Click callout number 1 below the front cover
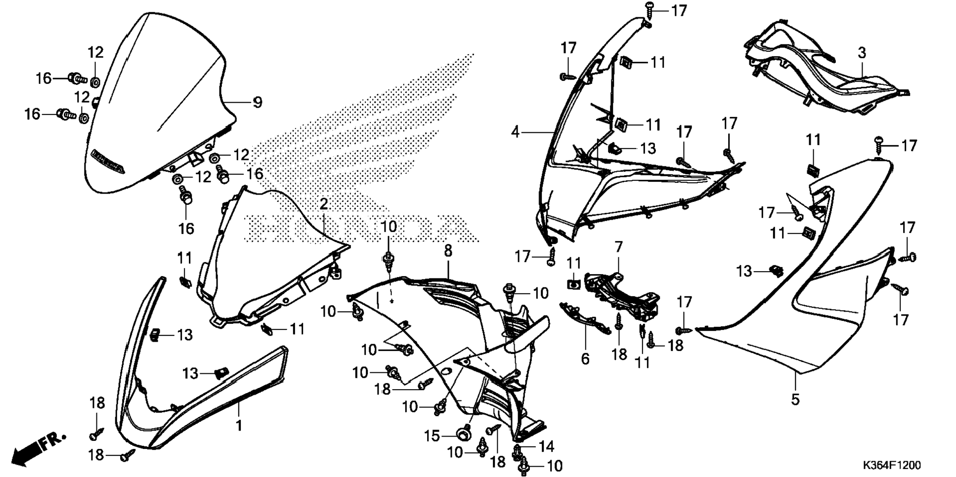point(239,425)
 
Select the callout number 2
point(324,204)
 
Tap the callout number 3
point(862,53)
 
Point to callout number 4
point(516,132)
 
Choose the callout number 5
point(795,399)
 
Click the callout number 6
point(585,358)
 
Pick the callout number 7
point(618,247)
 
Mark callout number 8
point(448,251)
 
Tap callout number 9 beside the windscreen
point(258,103)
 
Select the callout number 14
point(546,447)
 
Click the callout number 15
point(432,436)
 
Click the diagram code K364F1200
point(892,465)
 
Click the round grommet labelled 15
point(463,434)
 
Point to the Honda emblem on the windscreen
point(107,161)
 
